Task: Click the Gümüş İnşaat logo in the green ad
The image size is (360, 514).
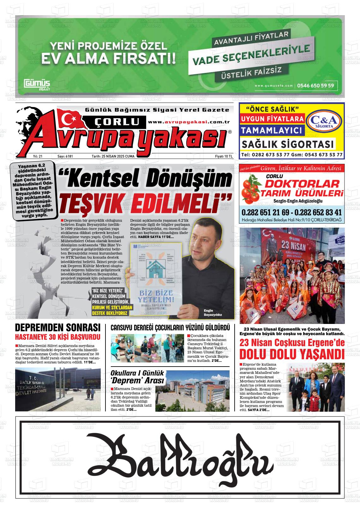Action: [37, 85]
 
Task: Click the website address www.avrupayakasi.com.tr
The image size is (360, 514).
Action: [189, 122]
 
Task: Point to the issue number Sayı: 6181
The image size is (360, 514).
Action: [65, 156]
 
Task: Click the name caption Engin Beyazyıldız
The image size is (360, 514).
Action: [213, 313]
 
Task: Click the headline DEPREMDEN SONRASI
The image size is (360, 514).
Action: [58, 327]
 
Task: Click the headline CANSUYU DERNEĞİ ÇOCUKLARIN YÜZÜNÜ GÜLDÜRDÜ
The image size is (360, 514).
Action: [170, 328]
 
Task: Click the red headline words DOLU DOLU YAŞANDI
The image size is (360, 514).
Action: [291, 354]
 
